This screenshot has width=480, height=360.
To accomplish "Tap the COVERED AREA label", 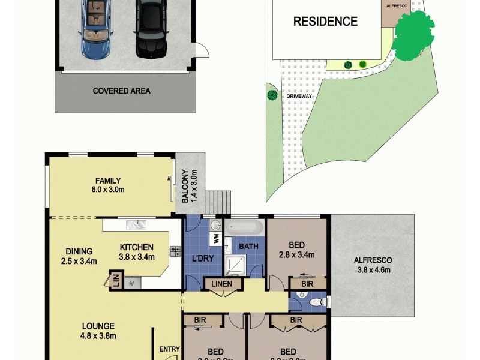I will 121,91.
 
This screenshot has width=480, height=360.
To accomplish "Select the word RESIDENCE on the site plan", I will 325,22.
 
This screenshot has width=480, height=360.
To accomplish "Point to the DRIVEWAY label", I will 299,95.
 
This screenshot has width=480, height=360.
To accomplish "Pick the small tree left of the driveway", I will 272,95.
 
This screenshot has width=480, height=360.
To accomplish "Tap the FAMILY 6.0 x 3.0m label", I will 109,185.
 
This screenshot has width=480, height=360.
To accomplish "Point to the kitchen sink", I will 136,226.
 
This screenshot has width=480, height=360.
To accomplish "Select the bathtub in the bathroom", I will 244,227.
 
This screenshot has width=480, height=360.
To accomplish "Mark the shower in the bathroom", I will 235,263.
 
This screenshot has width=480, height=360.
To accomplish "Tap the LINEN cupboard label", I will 221,283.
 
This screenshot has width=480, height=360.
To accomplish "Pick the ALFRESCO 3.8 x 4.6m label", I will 372,265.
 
